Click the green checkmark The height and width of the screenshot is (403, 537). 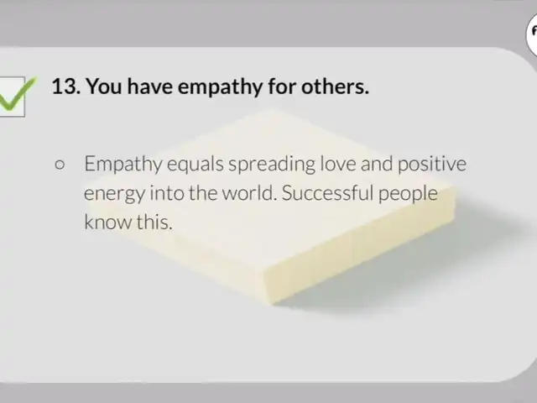click(x=16, y=95)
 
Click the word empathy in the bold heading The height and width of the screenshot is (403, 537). click(x=220, y=87)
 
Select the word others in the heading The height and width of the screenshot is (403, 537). click(x=335, y=86)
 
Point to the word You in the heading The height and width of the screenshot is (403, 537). click(x=104, y=86)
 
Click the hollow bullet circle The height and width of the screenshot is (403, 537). click(x=60, y=165)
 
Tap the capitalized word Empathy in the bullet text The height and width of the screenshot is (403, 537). click(x=123, y=165)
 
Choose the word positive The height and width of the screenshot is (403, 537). click(x=432, y=165)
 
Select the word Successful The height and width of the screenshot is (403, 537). click(x=327, y=193)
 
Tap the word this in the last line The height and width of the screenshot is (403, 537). click(x=154, y=222)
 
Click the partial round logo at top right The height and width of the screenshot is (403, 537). click(x=532, y=36)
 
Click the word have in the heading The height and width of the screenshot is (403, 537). click(x=150, y=86)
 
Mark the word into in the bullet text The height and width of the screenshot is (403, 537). click(x=167, y=193)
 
